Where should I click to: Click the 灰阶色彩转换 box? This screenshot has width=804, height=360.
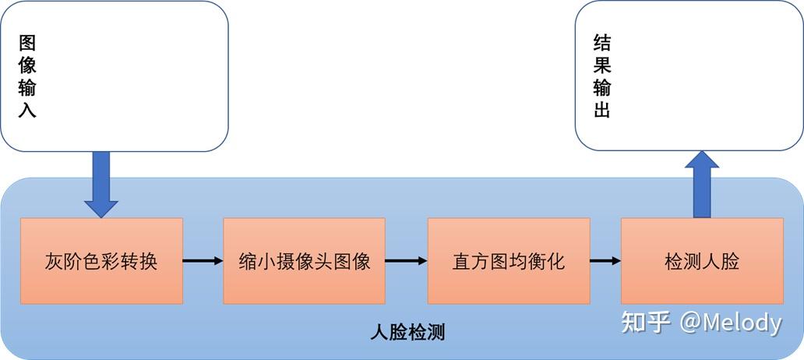coord(101,261)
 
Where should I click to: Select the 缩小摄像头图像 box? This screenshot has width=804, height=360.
coord(304,261)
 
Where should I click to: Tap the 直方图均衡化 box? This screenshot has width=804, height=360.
coord(509,261)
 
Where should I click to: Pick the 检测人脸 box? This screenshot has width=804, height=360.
coord(702,261)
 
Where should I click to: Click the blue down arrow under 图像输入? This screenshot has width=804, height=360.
coord(101,184)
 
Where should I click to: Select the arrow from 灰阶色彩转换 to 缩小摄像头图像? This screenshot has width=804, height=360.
coord(203,261)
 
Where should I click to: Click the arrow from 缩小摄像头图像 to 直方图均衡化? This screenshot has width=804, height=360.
coord(406,261)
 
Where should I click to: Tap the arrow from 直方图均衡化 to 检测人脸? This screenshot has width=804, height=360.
coord(605,261)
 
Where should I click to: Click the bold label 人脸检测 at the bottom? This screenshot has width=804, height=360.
coord(407,333)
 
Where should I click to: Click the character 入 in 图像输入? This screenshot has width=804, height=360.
coord(27,110)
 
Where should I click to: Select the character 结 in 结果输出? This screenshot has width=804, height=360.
coord(601,42)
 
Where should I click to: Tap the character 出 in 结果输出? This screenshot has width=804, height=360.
coord(601,110)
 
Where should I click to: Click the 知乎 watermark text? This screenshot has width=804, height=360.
coord(646,322)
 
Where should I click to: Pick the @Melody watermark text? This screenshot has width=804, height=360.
coord(730,322)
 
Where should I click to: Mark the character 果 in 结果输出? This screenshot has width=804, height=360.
coord(601,65)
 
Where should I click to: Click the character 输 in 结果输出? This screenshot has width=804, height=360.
coord(601,87)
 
